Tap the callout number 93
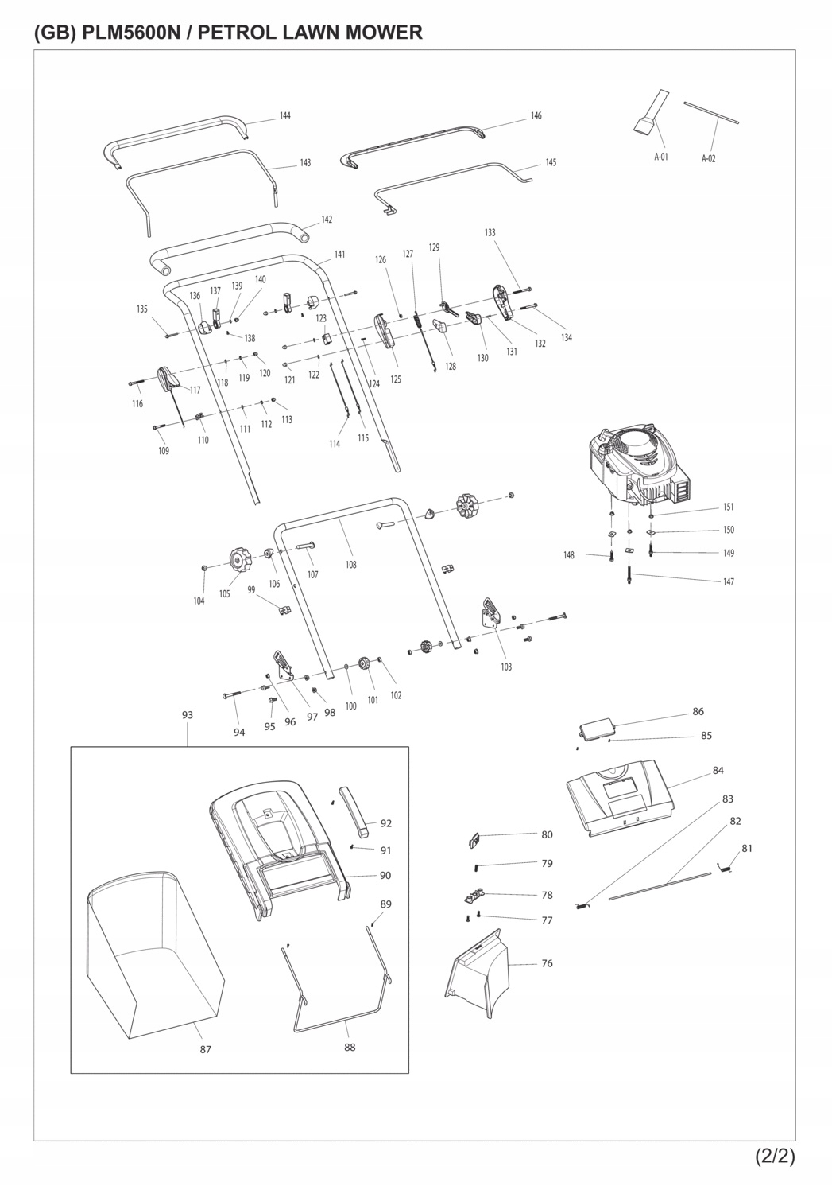(x=188, y=715)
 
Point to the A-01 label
(x=660, y=157)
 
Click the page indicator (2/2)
(x=775, y=1156)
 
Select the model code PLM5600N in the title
(x=130, y=33)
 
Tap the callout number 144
(x=284, y=115)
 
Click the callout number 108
(x=350, y=565)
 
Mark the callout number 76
(x=547, y=963)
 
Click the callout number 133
(x=490, y=232)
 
